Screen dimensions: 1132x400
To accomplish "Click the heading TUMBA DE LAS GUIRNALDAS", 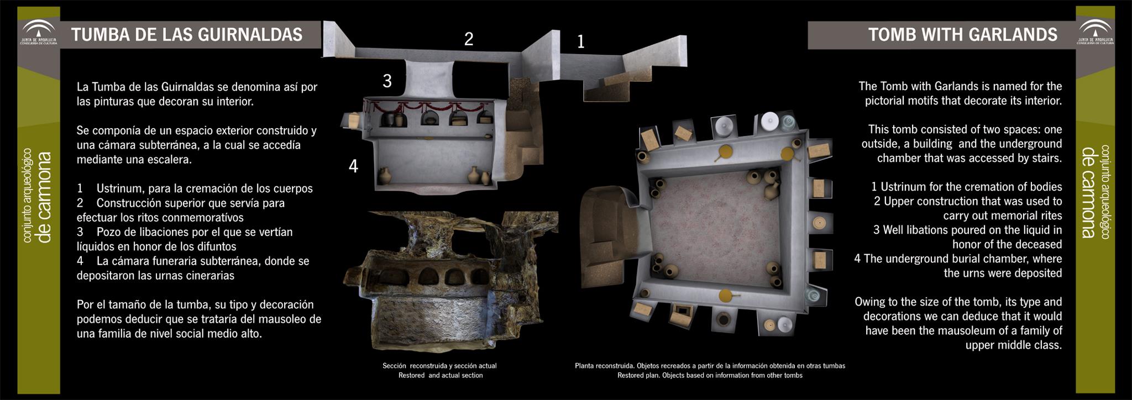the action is (187, 35).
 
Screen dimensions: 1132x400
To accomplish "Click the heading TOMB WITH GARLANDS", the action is (963, 35).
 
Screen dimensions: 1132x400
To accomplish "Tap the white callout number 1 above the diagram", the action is (580, 41).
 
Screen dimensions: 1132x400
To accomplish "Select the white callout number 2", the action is (469, 39).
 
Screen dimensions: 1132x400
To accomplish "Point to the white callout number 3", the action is (387, 81).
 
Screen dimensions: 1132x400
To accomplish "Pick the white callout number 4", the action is (354, 166).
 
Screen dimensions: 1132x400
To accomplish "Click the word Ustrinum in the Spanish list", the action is (120, 189).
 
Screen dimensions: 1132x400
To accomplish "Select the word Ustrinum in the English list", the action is (904, 187).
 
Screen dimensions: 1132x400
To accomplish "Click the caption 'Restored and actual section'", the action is (441, 376).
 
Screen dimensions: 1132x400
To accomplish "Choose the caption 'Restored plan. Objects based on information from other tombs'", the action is (710, 376).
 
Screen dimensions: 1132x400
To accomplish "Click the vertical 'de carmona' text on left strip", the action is (44, 197).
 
